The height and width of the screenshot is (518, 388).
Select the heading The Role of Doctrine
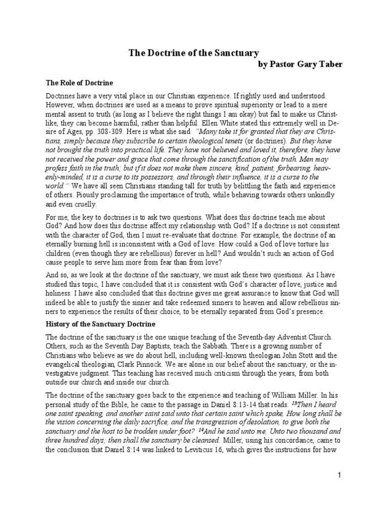click(79, 82)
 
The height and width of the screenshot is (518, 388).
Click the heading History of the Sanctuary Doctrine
click(101, 324)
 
